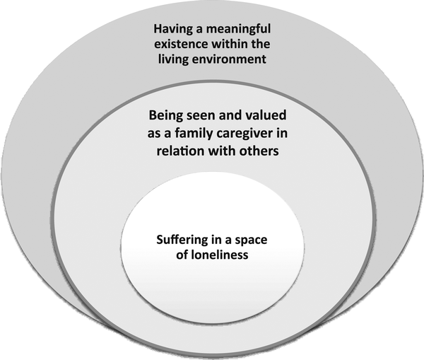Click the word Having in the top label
click(172, 30)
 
